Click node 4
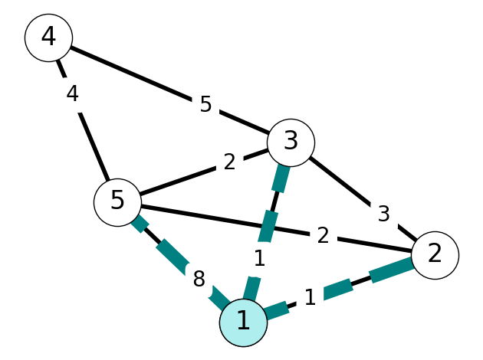click(48, 38)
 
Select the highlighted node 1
click(243, 322)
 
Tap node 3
click(291, 142)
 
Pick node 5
click(117, 202)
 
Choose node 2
click(435, 255)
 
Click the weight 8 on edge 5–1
click(199, 280)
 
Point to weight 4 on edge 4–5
click(72, 93)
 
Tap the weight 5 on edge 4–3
click(205, 104)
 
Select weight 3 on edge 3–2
click(383, 213)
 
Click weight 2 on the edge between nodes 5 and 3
click(229, 162)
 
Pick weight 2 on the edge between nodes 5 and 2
click(323, 236)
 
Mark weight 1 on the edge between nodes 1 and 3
click(260, 258)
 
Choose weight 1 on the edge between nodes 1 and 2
click(310, 297)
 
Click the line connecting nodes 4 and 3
click(169, 90)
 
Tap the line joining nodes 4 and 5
click(83, 120)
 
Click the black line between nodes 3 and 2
click(363, 199)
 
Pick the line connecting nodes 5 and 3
click(204, 172)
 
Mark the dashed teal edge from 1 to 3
click(267, 233)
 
